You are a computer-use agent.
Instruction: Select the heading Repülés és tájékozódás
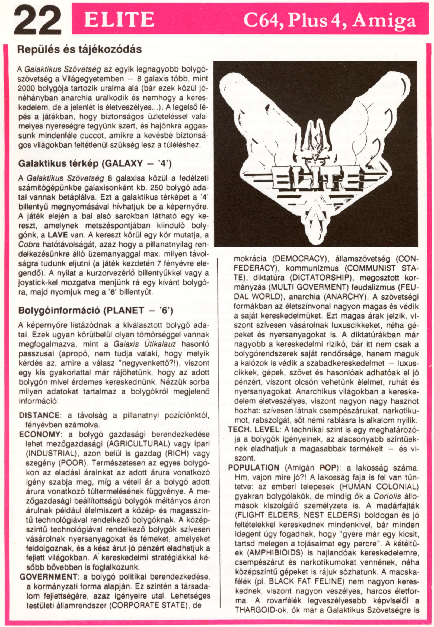coord(80,49)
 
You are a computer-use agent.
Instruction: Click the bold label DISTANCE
coord(39,415)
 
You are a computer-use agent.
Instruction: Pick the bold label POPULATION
coord(254,468)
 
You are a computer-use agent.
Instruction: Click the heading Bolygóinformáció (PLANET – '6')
coord(95,311)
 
